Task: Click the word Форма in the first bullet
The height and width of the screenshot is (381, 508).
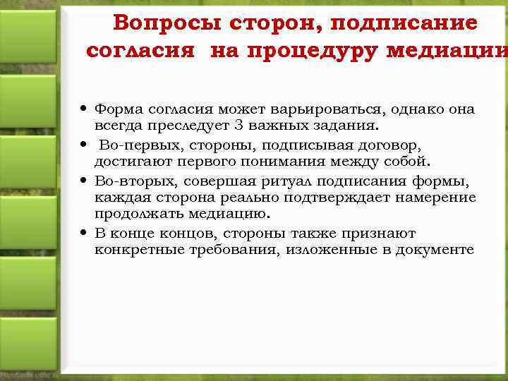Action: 116,109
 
